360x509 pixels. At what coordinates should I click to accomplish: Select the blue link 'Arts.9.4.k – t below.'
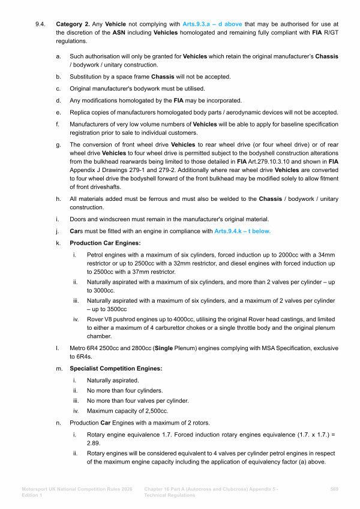pyautogui.click(x=242, y=230)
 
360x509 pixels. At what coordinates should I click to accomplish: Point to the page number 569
pyautogui.click(x=335, y=489)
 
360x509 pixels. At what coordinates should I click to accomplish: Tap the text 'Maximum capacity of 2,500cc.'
pyautogui.click(x=127, y=411)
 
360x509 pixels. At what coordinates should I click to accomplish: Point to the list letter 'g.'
pyautogui.click(x=58, y=144)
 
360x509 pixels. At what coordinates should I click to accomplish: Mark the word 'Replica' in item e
pyautogui.click(x=82, y=112)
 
